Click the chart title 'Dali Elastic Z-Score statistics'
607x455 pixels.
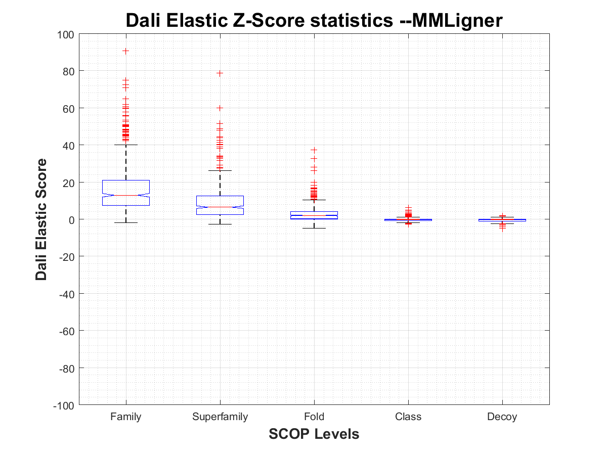[x=314, y=21]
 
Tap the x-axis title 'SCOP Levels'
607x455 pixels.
[x=314, y=434]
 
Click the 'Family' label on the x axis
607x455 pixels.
[x=126, y=417]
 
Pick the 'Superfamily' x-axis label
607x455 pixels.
[x=220, y=417]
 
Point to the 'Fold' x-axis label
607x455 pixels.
[x=314, y=417]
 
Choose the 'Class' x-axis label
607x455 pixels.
[x=408, y=417]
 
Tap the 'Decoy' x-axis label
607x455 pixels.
[x=502, y=417]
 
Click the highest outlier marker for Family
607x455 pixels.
[x=126, y=51]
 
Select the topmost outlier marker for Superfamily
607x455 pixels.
[x=220, y=73]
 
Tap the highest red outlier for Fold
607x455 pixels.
[x=314, y=150]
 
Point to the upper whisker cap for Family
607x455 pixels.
[x=126, y=145]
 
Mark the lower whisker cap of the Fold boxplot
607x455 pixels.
[x=314, y=228]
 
